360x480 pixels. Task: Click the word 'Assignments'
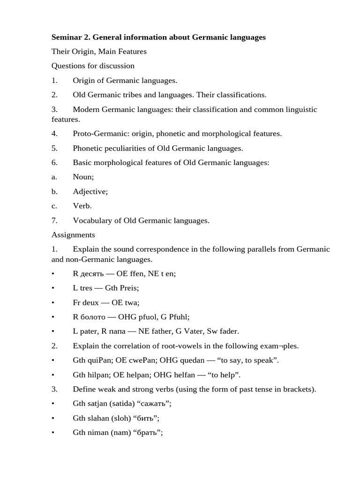[73, 235]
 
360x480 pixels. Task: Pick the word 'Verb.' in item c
[82, 206]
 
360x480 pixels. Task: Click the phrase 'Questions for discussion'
[93, 66]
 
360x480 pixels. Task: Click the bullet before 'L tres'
[53, 288]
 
